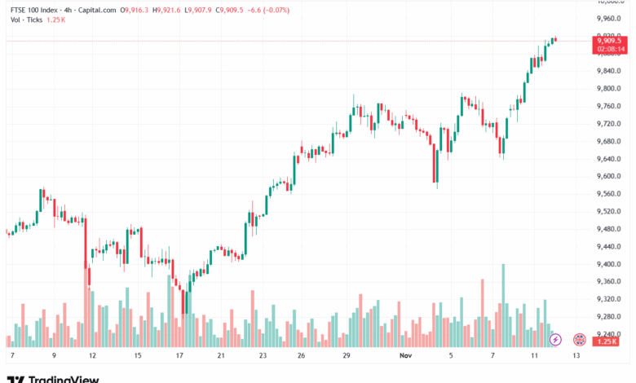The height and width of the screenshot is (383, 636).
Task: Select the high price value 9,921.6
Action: point(171,9)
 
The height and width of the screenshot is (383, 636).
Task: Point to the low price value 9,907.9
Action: point(204,9)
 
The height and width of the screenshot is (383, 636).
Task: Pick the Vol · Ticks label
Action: point(26,19)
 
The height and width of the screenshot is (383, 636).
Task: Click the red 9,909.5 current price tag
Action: point(610,39)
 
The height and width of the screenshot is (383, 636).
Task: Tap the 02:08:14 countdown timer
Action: point(610,49)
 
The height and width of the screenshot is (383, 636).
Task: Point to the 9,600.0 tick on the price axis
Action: point(608,176)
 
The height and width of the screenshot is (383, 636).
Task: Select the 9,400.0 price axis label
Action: point(608,264)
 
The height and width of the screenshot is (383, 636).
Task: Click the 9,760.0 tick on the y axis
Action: point(608,106)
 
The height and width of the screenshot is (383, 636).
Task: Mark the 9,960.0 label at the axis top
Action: point(608,18)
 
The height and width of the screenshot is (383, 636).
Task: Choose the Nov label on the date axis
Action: point(406,356)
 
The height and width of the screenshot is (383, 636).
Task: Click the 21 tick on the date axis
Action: point(221,356)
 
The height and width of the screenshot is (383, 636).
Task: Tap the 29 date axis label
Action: point(347,356)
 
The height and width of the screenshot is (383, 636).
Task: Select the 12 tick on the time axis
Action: point(92,356)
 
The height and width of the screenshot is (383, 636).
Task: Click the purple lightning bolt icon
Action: point(555,339)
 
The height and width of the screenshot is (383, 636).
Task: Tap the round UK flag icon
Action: point(580,339)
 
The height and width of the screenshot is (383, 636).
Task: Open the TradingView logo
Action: point(53,378)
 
